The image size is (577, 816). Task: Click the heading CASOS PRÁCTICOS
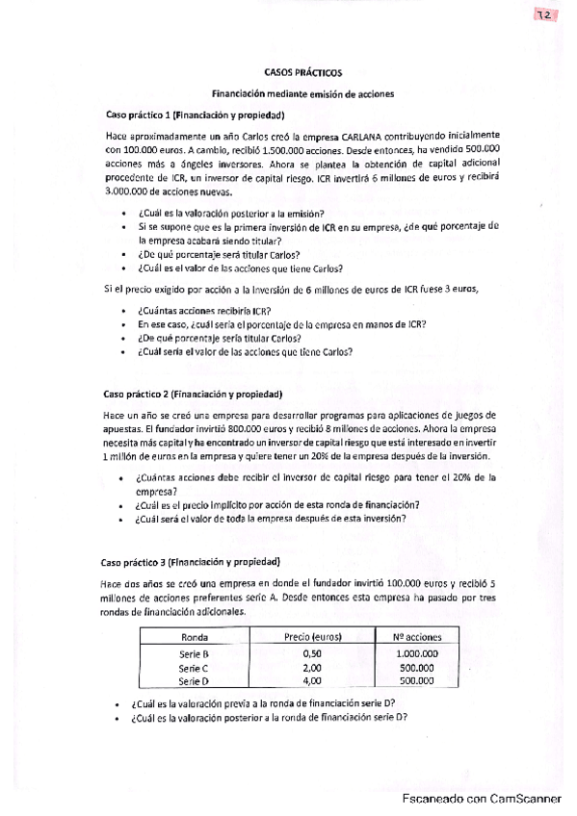click(x=302, y=72)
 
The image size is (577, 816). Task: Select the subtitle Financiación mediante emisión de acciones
click(x=302, y=93)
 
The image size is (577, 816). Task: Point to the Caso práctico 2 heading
click(x=191, y=394)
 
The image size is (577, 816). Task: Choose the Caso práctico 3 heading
click(x=191, y=561)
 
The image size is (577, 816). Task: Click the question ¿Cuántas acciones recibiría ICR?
click(x=204, y=311)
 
